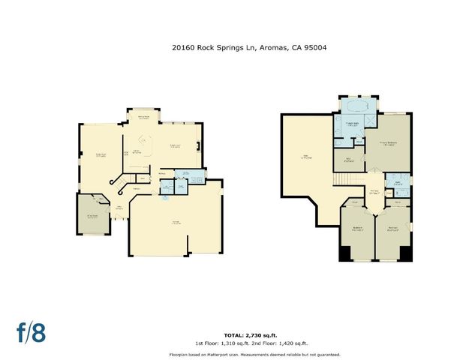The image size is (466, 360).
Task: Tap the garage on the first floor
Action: click(x=176, y=225)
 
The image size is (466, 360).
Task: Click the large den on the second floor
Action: click(x=305, y=157)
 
